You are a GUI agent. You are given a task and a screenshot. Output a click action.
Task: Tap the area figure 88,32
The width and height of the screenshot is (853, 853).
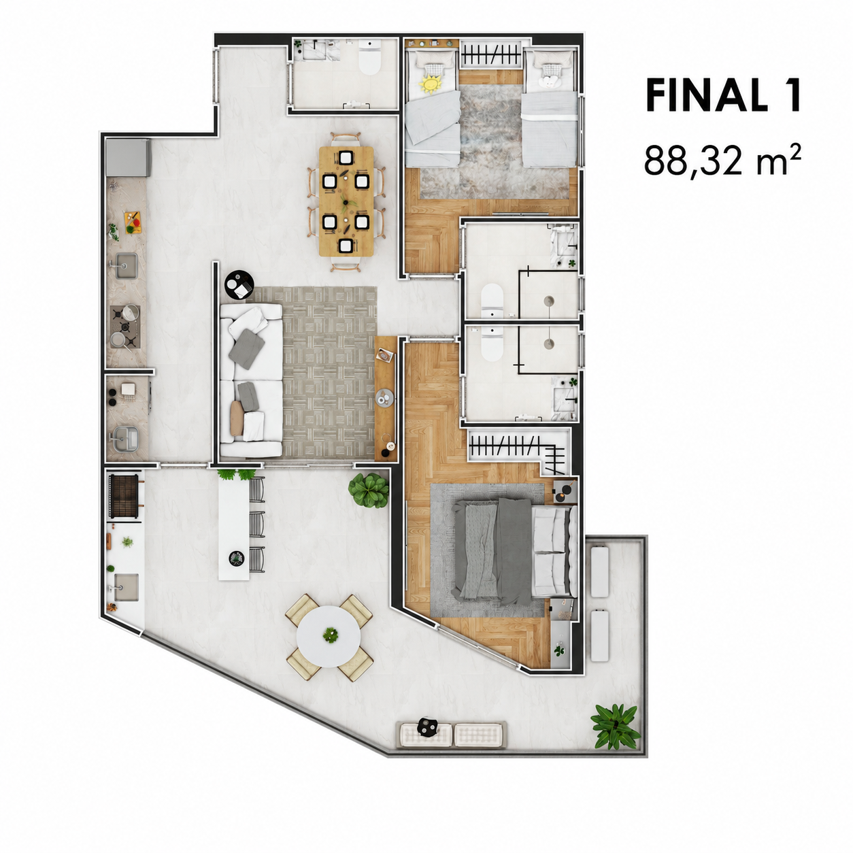click(693, 161)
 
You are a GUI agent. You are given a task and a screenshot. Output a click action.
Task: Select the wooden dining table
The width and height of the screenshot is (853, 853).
click(346, 201)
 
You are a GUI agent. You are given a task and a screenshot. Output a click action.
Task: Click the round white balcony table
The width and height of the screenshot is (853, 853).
click(329, 636)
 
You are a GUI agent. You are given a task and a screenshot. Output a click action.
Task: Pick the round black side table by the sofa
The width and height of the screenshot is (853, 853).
click(239, 284)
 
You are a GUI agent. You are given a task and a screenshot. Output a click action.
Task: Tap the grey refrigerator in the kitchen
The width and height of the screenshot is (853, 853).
click(127, 158)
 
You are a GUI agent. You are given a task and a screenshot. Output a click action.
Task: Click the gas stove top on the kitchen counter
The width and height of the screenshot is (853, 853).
click(125, 327)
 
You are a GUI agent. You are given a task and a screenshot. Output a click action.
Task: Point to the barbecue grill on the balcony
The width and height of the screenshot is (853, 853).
click(124, 495)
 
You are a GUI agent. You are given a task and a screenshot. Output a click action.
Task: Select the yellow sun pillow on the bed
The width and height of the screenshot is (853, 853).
click(431, 84)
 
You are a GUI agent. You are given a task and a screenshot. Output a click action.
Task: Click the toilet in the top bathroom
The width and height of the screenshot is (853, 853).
click(369, 57)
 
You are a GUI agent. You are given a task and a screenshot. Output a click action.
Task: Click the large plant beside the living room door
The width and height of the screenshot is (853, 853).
click(369, 490)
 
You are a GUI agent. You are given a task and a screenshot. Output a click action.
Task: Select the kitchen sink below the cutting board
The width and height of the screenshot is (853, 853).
click(126, 265)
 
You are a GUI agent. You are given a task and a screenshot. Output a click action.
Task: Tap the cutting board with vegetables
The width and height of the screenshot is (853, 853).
click(133, 222)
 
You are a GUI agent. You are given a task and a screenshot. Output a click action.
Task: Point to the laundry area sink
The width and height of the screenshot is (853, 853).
click(126, 439)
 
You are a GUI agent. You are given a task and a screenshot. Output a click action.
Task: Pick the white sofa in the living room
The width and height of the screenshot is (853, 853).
click(251, 380)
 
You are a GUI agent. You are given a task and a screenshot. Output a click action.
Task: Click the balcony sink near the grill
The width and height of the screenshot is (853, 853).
click(126, 587)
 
